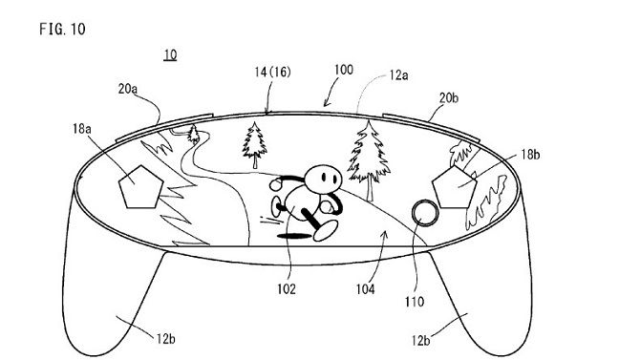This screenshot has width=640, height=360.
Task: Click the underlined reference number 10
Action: tap(169, 55)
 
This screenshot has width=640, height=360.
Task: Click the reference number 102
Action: tap(288, 286)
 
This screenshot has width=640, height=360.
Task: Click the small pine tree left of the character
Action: tap(256, 142)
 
